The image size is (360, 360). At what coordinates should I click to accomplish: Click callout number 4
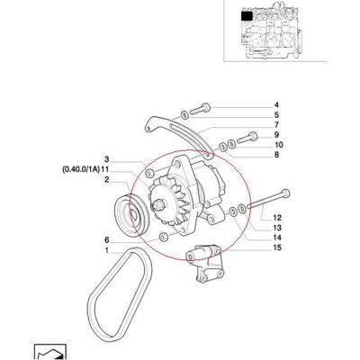(276, 105)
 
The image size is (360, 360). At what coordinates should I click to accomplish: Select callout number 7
(276, 124)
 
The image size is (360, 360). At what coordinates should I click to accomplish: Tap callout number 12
(277, 218)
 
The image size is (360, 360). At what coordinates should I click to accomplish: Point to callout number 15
(277, 247)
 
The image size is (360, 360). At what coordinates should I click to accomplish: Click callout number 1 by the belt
(106, 250)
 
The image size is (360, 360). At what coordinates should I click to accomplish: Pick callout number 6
(106, 240)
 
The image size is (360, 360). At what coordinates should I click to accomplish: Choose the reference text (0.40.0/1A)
(81, 170)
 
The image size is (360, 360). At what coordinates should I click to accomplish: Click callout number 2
(106, 180)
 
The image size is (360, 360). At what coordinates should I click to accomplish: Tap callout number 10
(279, 145)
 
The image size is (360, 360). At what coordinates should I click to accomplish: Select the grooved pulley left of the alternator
(130, 214)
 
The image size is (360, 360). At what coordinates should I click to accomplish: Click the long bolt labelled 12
(268, 200)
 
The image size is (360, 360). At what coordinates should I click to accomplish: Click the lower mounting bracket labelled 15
(205, 263)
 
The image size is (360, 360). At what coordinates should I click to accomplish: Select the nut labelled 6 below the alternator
(163, 237)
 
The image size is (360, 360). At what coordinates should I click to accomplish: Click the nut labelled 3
(149, 173)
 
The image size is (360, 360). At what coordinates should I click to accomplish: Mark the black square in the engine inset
(247, 16)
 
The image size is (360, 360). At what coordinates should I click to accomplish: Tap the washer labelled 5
(184, 114)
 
